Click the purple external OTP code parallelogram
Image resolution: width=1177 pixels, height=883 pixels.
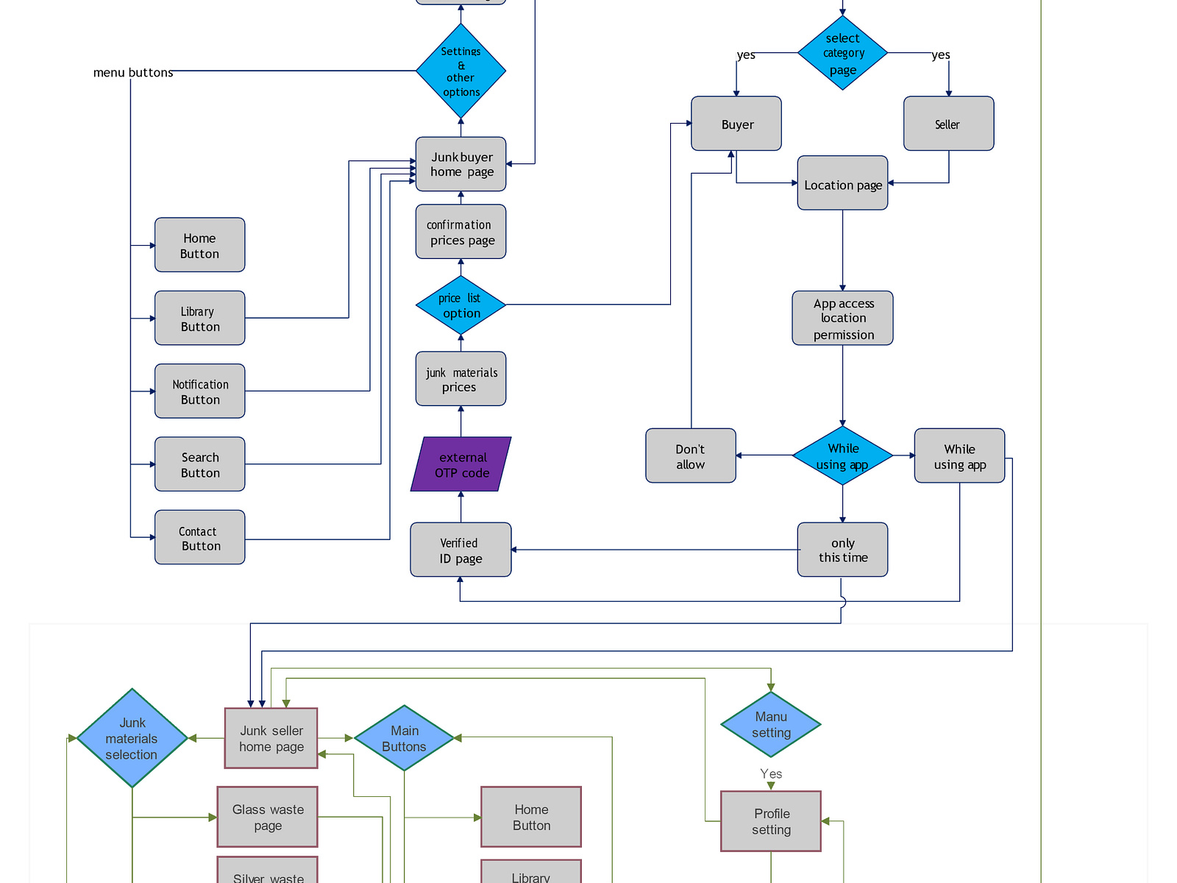pos(461,464)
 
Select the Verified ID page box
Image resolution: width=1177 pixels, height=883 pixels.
pos(461,550)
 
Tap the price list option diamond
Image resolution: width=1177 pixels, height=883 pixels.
pos(461,305)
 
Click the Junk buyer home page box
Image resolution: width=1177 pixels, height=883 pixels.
pos(461,164)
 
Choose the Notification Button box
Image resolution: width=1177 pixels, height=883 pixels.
pos(200,391)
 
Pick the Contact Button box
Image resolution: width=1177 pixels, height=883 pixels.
pos(200,538)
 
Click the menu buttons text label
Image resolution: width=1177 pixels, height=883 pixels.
pos(133,72)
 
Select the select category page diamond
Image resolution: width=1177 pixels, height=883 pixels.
pos(842,53)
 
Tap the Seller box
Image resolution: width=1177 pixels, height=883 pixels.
pos(948,124)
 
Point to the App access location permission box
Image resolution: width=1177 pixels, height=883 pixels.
pos(842,319)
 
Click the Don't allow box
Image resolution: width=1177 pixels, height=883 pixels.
pos(690,456)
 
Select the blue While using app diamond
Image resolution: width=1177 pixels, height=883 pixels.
pos(842,456)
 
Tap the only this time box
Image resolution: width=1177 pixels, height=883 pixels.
pos(842,550)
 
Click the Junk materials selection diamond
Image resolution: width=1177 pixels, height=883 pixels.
pos(132,738)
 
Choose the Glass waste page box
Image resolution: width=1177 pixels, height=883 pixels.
pos(268,817)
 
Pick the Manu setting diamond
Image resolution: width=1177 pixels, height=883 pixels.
pos(771,725)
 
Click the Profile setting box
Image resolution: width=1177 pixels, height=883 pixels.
pos(771,821)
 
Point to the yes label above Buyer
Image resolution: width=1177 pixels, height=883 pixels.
pos(746,55)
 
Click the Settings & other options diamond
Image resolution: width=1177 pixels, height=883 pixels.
pos(461,71)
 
